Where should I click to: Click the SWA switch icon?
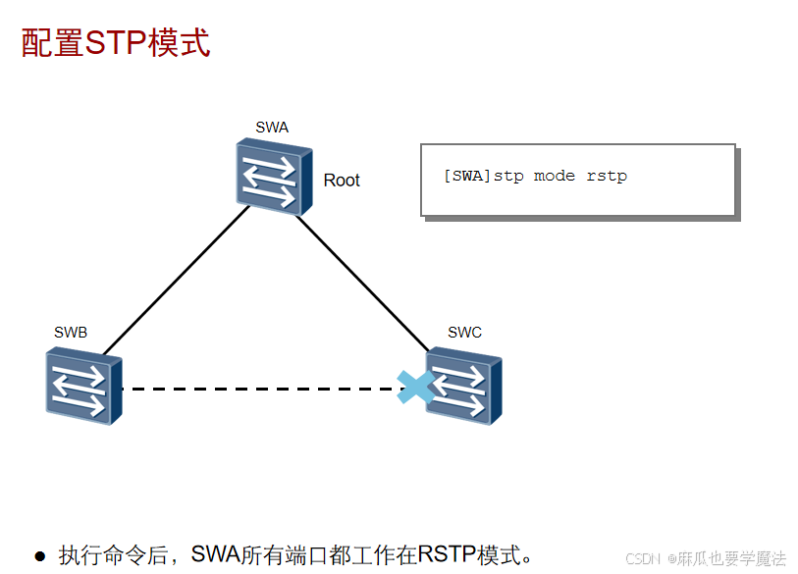pyautogui.click(x=274, y=177)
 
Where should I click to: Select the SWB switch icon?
pyautogui.click(x=83, y=388)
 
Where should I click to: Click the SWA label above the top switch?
pyautogui.click(x=272, y=127)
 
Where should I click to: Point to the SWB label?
pyautogui.click(x=71, y=333)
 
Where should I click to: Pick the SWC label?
pyautogui.click(x=464, y=332)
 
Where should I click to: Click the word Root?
pyautogui.click(x=342, y=181)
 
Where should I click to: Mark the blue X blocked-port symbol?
pyautogui.click(x=415, y=387)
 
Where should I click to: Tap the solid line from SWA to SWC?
pyautogui.click(x=363, y=283)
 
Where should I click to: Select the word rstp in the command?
pyautogui.click(x=607, y=177)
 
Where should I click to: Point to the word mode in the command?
pyautogui.click(x=555, y=177)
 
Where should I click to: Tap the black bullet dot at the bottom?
pyautogui.click(x=40, y=556)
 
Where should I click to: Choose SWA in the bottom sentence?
pyautogui.click(x=216, y=554)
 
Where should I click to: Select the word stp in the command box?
pyautogui.click(x=508, y=177)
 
